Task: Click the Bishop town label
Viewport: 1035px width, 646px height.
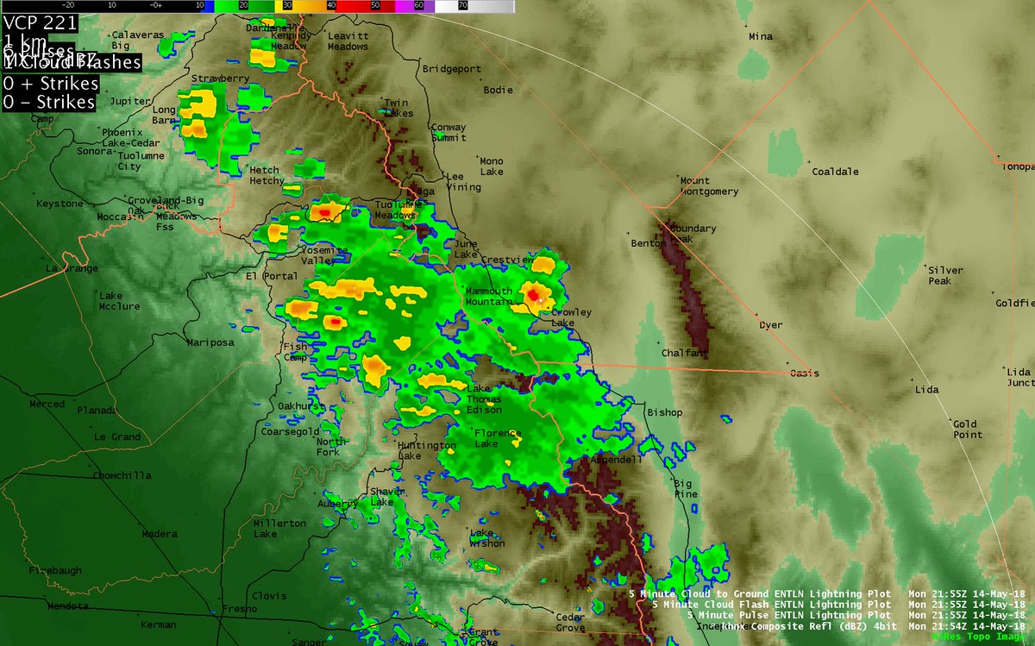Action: pyautogui.click(x=665, y=413)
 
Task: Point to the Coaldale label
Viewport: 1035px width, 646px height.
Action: pyautogui.click(x=836, y=172)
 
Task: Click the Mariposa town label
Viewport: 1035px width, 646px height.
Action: pyautogui.click(x=210, y=342)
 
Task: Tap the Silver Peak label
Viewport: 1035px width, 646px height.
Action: pyautogui.click(x=945, y=275)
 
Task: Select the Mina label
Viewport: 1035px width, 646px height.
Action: pyautogui.click(x=761, y=37)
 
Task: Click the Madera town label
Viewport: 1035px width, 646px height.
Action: pyautogui.click(x=160, y=534)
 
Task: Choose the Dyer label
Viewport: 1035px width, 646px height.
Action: pyautogui.click(x=770, y=325)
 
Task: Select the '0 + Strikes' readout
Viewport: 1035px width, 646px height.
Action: pyautogui.click(x=49, y=85)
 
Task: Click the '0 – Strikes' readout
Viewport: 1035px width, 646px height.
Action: pyautogui.click(x=49, y=102)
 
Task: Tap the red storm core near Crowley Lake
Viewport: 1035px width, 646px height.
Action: pyautogui.click(x=534, y=296)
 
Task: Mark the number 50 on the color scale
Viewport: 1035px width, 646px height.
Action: pyautogui.click(x=374, y=5)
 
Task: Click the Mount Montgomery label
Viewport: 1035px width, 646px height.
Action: pyautogui.click(x=709, y=186)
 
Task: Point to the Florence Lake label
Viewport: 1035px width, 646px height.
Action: pyautogui.click(x=498, y=438)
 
